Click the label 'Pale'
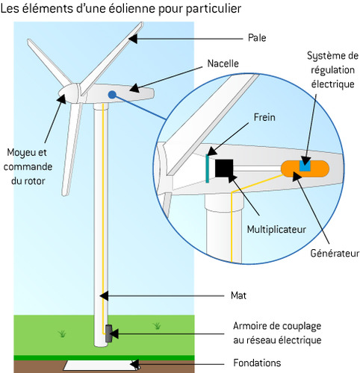coord(258,37)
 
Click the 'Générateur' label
coord(335,254)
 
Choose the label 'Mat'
coord(239,295)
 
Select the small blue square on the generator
coord(305,165)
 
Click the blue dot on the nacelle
coord(112,95)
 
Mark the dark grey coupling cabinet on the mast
coord(108,333)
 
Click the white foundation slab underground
coord(101,365)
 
